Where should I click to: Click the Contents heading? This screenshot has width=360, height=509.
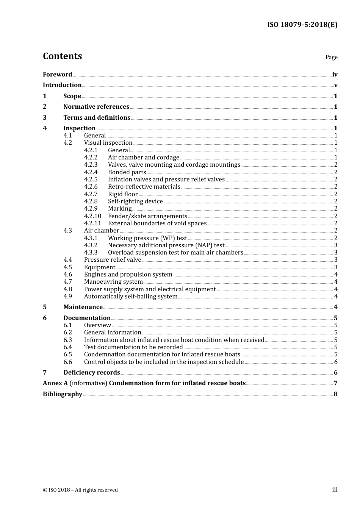(62, 56)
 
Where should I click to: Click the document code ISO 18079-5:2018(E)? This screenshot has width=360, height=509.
(302, 25)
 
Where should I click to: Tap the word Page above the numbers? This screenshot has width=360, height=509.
(331, 57)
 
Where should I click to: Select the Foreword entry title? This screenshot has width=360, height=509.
(57, 75)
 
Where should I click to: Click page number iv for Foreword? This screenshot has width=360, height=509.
(335, 75)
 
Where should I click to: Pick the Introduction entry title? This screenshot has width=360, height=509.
(62, 85)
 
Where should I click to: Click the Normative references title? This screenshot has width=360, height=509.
(96, 107)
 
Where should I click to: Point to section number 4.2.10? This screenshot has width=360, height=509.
(92, 216)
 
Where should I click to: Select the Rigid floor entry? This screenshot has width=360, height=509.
(123, 194)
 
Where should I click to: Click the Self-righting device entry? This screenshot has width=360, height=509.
(135, 201)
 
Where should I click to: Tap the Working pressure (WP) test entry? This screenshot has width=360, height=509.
(147, 238)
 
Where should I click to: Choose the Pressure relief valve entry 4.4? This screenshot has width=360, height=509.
(113, 260)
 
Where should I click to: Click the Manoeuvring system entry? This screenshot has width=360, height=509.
(113, 282)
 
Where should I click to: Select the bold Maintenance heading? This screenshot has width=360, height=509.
(83, 307)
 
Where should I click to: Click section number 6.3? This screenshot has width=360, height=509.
(68, 340)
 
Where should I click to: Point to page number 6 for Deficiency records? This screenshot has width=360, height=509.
(335, 373)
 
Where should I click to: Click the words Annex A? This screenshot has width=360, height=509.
(55, 383)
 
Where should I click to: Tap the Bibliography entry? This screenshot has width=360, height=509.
(63, 394)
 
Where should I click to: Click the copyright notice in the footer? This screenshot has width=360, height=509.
(80, 490)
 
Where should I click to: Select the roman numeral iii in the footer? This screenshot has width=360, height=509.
(335, 490)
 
